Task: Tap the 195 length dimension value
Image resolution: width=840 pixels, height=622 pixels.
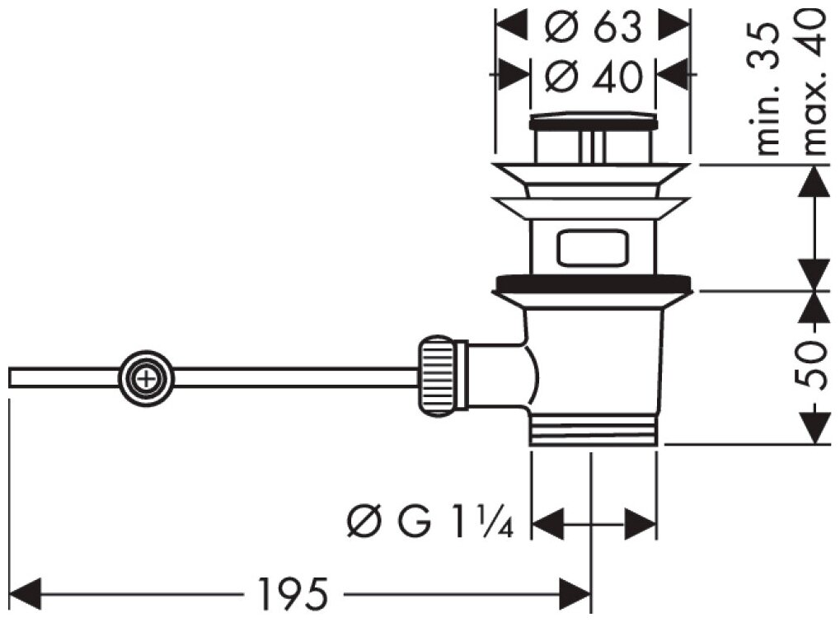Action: (293, 592)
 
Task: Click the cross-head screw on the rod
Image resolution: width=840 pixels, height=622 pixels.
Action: (147, 380)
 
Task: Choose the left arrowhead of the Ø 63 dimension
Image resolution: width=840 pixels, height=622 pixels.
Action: (511, 25)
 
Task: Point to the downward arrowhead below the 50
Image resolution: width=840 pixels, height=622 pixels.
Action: (814, 428)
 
